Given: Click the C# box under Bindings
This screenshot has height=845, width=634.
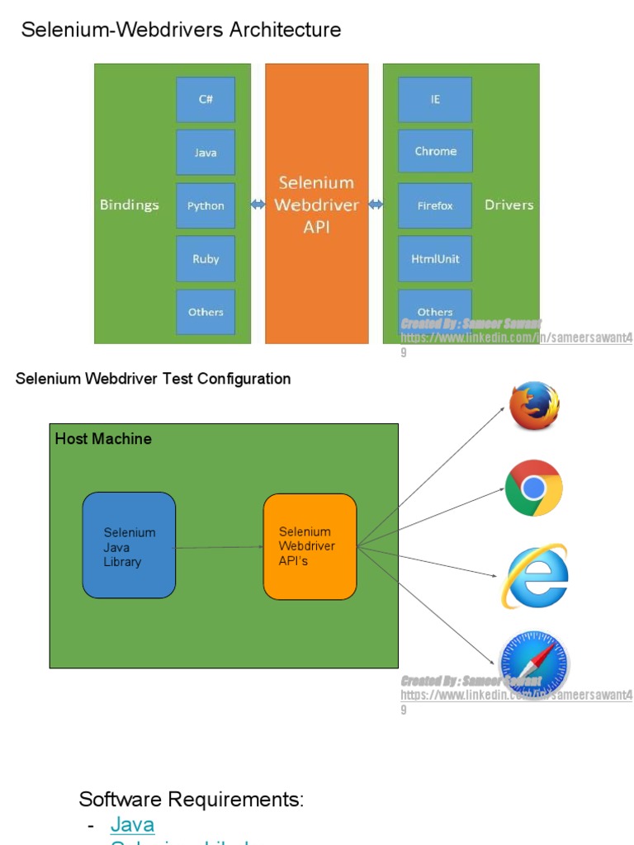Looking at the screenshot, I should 206,99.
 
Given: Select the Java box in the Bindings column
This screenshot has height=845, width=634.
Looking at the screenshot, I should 206,153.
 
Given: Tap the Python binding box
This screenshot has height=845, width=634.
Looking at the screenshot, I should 206,205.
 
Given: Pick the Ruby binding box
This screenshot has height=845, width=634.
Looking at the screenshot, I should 206,259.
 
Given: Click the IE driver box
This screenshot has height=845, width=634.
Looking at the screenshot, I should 435,99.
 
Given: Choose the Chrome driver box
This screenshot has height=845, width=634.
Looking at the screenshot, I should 435,152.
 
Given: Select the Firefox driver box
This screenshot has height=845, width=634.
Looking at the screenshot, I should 435,205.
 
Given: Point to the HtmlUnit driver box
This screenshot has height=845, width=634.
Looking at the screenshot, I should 435,259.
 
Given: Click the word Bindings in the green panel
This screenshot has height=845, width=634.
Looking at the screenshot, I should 130,205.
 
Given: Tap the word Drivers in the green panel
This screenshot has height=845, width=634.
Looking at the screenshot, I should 509,205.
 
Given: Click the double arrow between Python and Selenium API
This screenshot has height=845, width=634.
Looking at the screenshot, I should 258,205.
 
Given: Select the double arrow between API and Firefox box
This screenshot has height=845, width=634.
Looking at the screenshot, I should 376,205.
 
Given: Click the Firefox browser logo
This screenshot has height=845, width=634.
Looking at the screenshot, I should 534,405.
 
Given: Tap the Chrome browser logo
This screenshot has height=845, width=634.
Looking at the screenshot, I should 534,488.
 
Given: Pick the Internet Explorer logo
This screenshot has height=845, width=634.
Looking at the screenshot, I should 536,576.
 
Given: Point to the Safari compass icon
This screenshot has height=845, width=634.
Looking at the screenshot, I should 535,663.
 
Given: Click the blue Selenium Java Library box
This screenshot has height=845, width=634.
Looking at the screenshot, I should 129,546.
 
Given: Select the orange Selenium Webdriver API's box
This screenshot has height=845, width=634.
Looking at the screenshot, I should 310,546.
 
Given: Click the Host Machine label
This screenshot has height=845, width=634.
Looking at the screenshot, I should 103,439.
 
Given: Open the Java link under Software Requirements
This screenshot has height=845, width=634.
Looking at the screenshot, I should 132,824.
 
